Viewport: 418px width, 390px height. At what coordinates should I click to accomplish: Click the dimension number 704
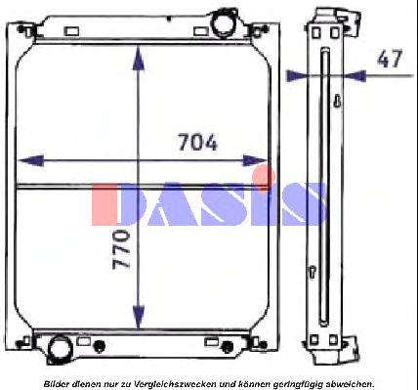(x=198, y=142)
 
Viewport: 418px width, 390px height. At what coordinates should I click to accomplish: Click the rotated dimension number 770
(x=121, y=249)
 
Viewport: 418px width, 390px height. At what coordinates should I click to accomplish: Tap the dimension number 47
(x=390, y=59)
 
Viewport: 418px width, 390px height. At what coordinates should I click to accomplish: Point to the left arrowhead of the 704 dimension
(x=30, y=160)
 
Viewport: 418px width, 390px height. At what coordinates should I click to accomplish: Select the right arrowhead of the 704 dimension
(x=255, y=160)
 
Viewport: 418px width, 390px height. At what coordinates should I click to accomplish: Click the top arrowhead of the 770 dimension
(x=139, y=59)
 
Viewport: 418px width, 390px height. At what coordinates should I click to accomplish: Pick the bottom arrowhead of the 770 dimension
(x=139, y=316)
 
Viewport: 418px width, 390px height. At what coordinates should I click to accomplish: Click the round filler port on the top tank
(x=223, y=22)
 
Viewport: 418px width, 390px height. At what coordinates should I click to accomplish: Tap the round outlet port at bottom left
(x=60, y=348)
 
